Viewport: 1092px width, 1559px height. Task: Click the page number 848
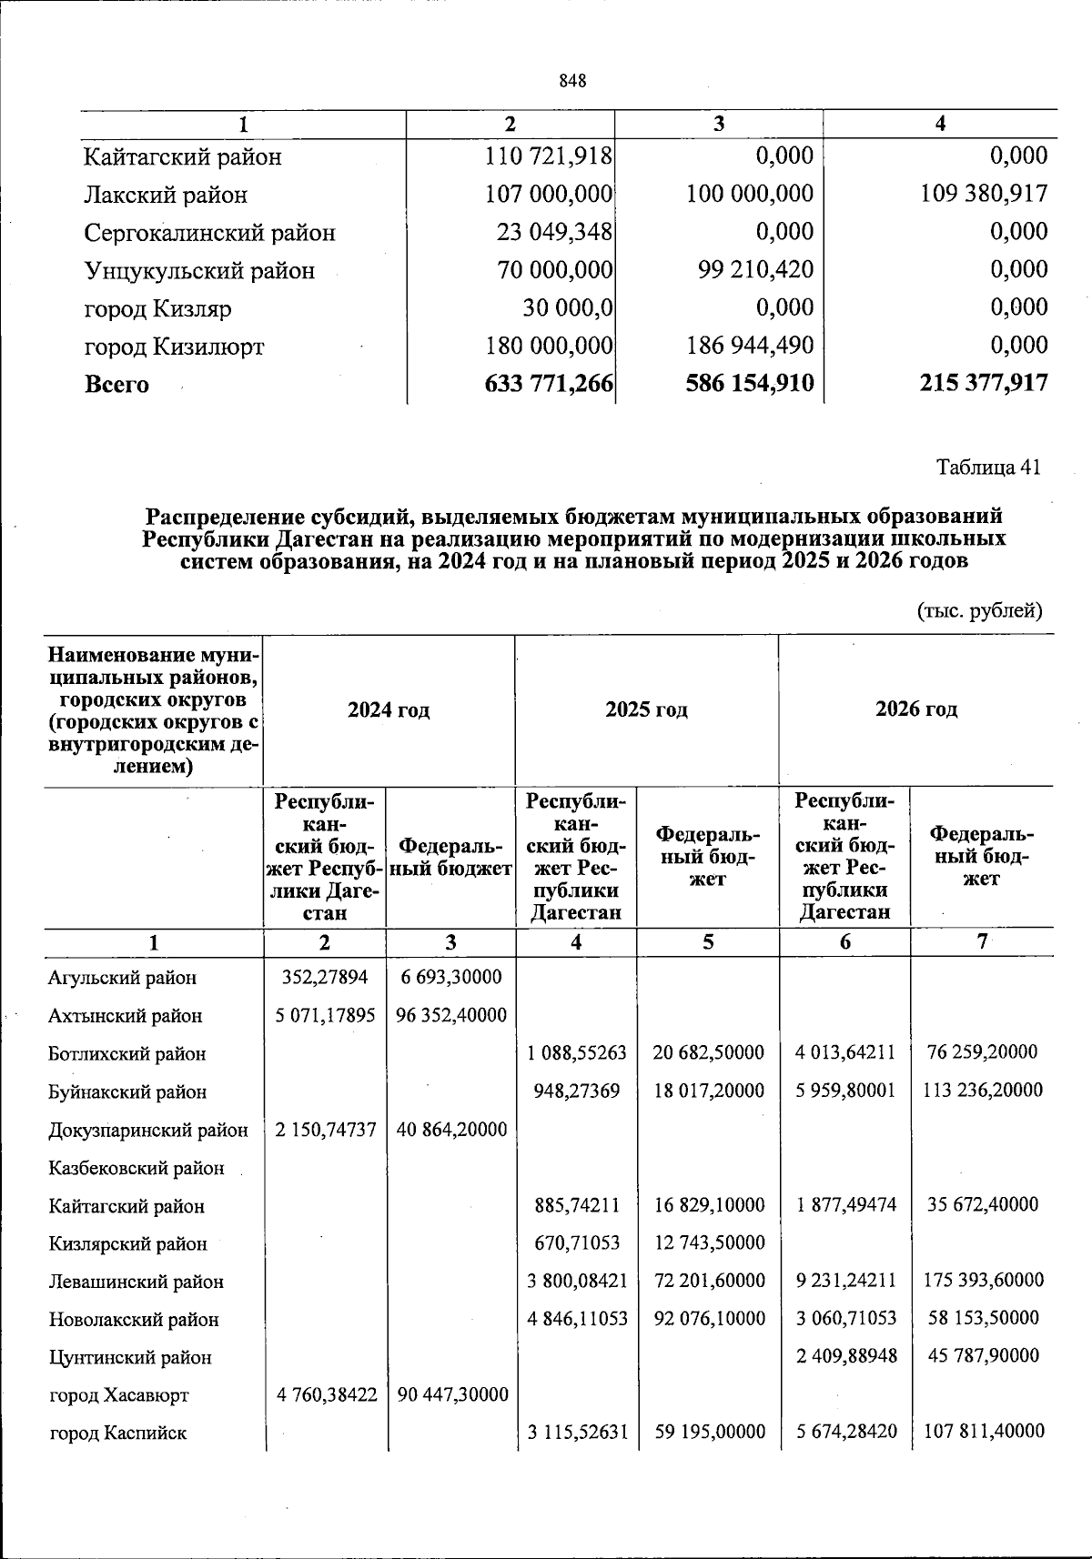[x=572, y=81]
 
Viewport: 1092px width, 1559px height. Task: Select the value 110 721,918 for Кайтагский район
[x=549, y=156]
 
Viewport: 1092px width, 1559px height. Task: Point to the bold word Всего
[x=116, y=384]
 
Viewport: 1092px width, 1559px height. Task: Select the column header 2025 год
[x=646, y=709]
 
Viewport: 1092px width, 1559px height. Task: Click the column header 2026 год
[x=916, y=709]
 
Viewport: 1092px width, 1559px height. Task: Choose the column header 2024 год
[x=389, y=709]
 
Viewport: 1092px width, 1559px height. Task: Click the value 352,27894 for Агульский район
[x=325, y=977]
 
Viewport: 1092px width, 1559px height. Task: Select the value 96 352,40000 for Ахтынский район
[x=451, y=1015]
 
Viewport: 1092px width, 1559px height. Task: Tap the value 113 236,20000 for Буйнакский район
[x=981, y=1091]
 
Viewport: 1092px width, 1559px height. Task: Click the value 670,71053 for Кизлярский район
[x=578, y=1242]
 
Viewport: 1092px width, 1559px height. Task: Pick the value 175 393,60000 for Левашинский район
[x=981, y=1281]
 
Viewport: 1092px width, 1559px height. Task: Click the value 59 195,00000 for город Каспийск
[x=709, y=1433]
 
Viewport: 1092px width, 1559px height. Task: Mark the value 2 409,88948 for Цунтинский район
[x=845, y=1356]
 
